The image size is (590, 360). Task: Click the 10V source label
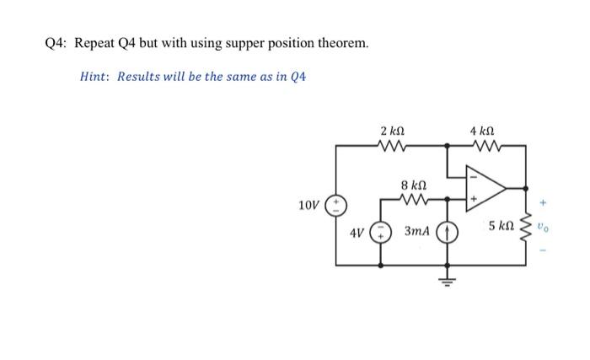(x=310, y=205)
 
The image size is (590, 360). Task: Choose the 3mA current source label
(x=419, y=231)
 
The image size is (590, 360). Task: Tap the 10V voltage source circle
(x=336, y=205)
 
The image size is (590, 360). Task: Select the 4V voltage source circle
(x=381, y=230)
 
